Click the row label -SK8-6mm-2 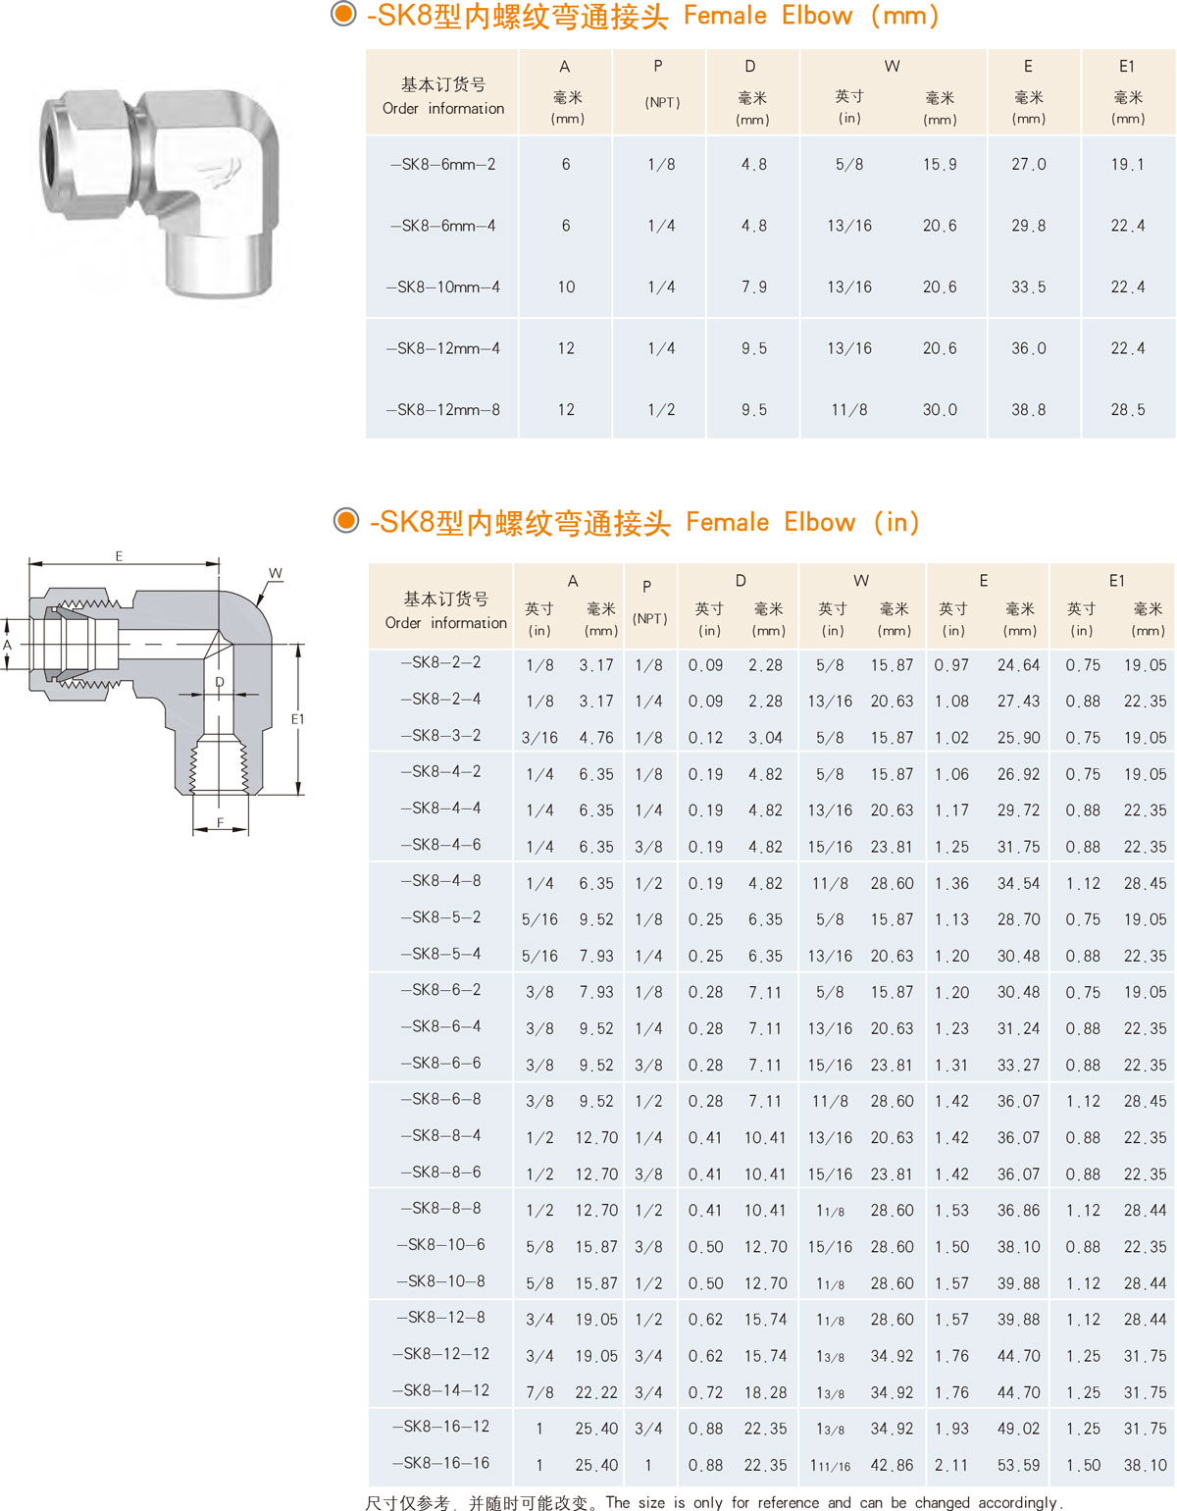[442, 165]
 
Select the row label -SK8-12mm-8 [442, 409]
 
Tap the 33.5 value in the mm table [1028, 287]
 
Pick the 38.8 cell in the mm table [1028, 409]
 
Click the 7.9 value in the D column [754, 287]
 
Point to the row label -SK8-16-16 [440, 1462]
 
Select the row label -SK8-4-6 [440, 844]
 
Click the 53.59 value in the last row [1018, 1465]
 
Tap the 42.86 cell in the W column [893, 1465]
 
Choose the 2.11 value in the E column [951, 1465]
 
